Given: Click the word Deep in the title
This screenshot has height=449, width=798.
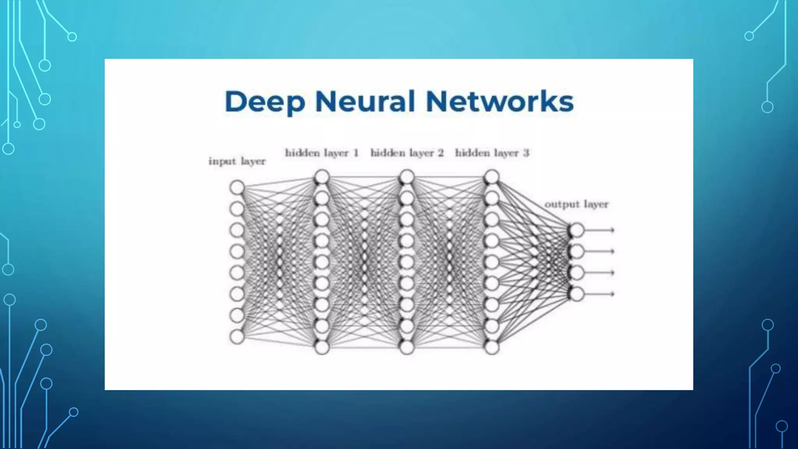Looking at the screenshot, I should pyautogui.click(x=265, y=102).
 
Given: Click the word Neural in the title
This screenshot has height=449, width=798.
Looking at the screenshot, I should pyautogui.click(x=365, y=101).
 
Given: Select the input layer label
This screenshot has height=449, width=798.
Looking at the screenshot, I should pyautogui.click(x=237, y=161).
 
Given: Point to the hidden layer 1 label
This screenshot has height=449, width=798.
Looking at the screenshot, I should pyautogui.click(x=321, y=153).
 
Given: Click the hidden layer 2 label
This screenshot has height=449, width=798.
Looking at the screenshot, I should pyautogui.click(x=407, y=153).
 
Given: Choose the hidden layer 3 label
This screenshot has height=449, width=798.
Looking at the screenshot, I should pyautogui.click(x=492, y=153).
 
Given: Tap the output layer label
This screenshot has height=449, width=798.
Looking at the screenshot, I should pyautogui.click(x=576, y=204).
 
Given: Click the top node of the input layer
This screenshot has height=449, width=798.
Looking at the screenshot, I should pyautogui.click(x=237, y=187).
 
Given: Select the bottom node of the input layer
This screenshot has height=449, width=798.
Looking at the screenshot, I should pyautogui.click(x=237, y=337).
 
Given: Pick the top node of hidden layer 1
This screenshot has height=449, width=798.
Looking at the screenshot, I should pyautogui.click(x=322, y=177).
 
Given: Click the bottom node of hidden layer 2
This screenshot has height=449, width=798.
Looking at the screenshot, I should pyautogui.click(x=407, y=347).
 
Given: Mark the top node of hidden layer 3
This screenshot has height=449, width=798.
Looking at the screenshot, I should pyautogui.click(x=492, y=177).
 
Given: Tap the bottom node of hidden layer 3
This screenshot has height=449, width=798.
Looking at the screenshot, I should pyautogui.click(x=492, y=347).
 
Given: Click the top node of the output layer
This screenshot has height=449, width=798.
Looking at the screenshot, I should pyautogui.click(x=577, y=230).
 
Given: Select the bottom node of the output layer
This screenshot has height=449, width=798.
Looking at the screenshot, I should pyautogui.click(x=577, y=294).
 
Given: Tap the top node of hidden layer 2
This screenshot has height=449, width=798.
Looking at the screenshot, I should pyautogui.click(x=407, y=177).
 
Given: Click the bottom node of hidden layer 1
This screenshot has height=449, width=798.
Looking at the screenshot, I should pyautogui.click(x=322, y=347).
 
